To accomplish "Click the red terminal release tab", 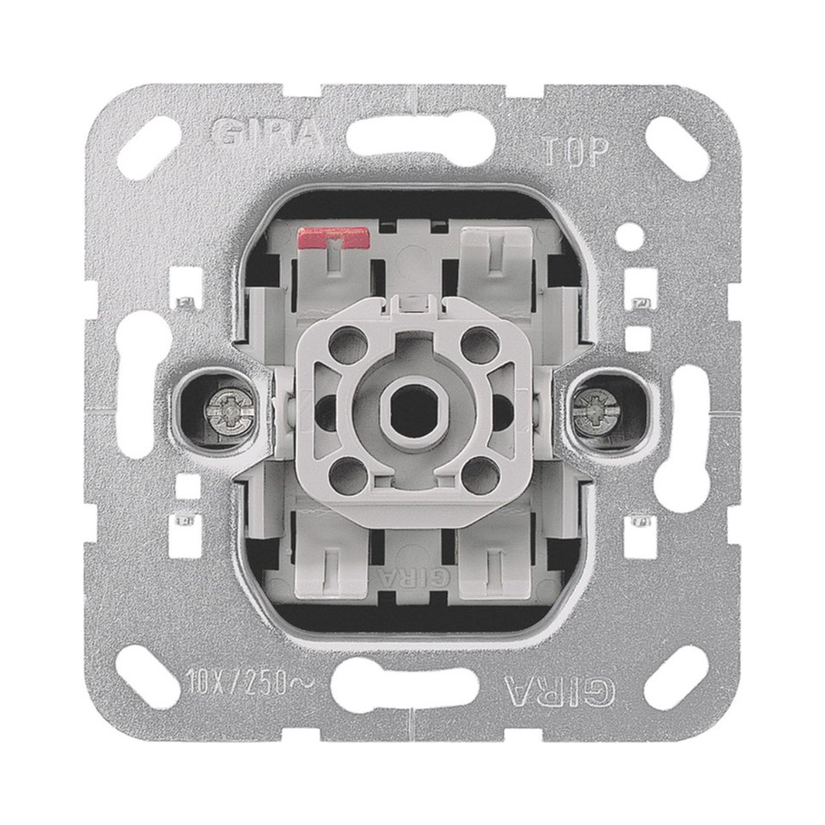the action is tap(333, 238).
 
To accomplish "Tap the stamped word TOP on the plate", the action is tap(576, 152).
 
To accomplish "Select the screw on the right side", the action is tap(597, 409).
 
